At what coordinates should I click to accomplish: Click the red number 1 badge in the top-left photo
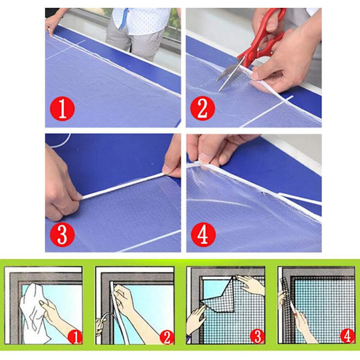(62, 109)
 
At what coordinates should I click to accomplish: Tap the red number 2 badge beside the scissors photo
(203, 109)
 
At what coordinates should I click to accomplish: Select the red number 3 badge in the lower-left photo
(62, 235)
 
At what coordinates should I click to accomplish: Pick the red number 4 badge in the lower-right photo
(203, 235)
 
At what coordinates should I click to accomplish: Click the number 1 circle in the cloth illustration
(75, 337)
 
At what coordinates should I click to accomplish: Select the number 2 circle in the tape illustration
(166, 337)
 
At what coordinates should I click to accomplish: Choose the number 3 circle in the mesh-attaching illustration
(257, 337)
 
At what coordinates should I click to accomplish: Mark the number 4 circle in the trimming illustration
(347, 337)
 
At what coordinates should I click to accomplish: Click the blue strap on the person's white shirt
(124, 19)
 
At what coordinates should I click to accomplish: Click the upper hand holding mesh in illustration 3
(251, 284)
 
